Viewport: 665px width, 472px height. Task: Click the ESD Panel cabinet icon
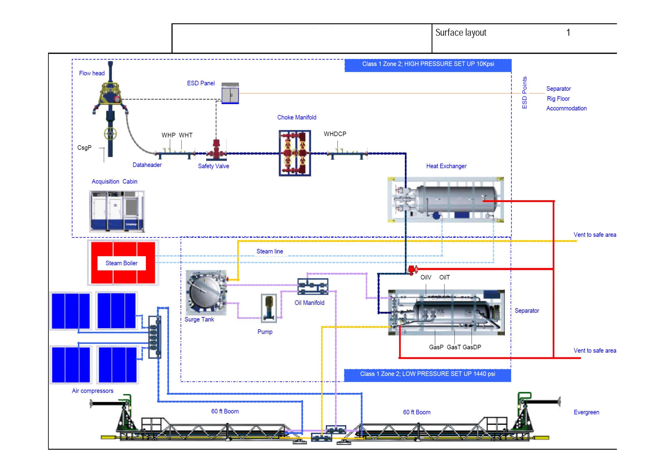tap(230, 93)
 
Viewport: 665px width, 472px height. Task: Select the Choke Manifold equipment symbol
tap(295, 153)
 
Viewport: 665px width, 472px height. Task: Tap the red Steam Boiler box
tap(123, 263)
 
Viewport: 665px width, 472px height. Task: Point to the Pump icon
tap(269, 308)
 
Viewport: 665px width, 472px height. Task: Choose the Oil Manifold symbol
tap(313, 286)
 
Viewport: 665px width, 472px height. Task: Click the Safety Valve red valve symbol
tap(216, 150)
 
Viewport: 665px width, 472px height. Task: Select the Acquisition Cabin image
tap(117, 211)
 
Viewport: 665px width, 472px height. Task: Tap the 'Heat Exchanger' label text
tap(446, 166)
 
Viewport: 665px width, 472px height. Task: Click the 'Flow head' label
tap(92, 73)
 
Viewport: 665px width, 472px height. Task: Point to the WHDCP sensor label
tap(335, 134)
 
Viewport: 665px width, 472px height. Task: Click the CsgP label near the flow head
tap(84, 148)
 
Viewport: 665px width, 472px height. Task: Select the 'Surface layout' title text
tap(461, 33)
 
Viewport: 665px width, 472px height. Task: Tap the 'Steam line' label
tap(270, 251)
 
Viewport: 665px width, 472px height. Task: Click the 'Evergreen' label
tap(586, 412)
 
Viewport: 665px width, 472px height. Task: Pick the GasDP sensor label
tap(472, 347)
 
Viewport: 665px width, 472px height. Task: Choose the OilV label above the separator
tap(426, 277)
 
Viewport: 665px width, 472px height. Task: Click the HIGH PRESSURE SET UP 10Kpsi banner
tap(428, 64)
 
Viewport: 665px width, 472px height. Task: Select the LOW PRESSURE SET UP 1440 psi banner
tap(427, 374)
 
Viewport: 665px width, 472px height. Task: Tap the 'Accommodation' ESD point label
tap(566, 109)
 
